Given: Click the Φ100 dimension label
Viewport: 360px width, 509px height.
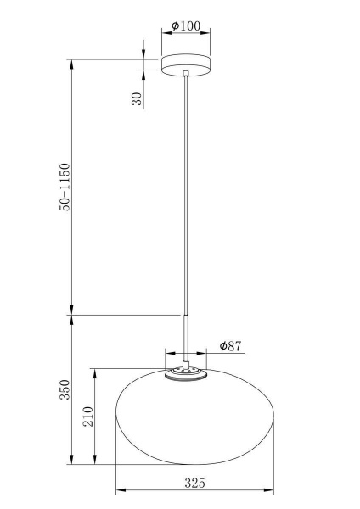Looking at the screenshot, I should click(186, 26).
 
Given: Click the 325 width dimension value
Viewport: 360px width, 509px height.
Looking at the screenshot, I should click(194, 483).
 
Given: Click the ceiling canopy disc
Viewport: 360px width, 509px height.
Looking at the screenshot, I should click(186, 65).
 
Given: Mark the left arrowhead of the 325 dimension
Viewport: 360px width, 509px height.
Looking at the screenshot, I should click(119, 491).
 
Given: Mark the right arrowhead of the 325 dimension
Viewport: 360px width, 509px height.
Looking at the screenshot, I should click(272, 491).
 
